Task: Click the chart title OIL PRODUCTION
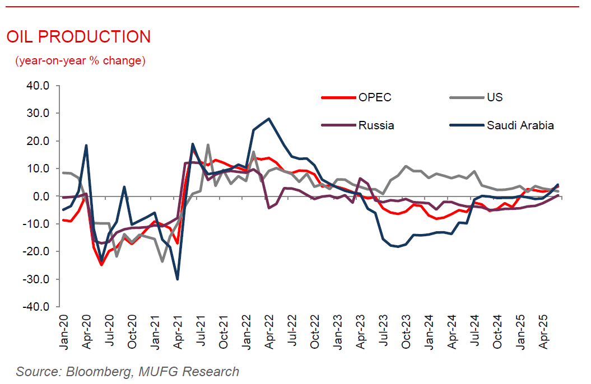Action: [x=78, y=37]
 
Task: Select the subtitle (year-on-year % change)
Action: [x=80, y=60]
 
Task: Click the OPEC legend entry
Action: [x=374, y=97]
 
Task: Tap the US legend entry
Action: [x=495, y=97]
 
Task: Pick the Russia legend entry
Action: [x=376, y=125]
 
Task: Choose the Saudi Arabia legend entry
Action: [x=520, y=125]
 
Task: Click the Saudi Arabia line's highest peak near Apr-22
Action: [x=269, y=119]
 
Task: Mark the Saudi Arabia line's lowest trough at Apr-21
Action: [x=178, y=279]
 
